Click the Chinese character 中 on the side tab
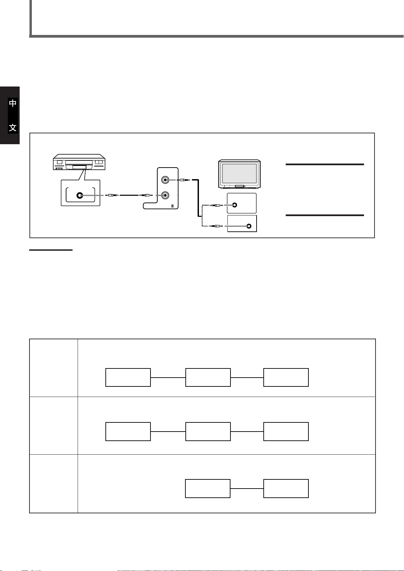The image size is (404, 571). tap(13, 103)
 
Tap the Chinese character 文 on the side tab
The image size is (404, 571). tap(13, 128)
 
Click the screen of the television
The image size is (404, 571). tap(239, 173)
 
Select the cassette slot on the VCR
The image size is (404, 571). tap(78, 167)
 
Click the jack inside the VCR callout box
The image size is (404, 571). tap(80, 195)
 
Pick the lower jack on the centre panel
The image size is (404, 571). tap(165, 195)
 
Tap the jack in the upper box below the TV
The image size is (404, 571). tap(235, 205)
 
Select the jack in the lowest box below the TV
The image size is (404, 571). tap(249, 226)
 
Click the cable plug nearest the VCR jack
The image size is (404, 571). tap(111, 195)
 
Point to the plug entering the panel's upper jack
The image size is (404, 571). tap(183, 180)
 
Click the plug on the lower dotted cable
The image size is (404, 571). tap(216, 226)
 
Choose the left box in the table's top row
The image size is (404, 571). tap(128, 377)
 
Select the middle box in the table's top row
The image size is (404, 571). tap(208, 377)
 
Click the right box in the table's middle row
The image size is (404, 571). tap(286, 432)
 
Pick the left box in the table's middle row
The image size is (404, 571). tap(128, 432)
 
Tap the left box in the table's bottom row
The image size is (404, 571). tap(208, 489)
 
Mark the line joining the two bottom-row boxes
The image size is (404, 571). tap(247, 489)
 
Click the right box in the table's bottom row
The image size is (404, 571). tap(286, 489)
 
